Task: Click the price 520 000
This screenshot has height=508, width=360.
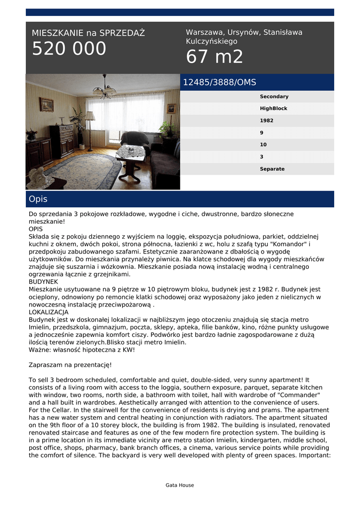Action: (x=69, y=49)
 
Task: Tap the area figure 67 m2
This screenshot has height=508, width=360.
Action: (x=215, y=57)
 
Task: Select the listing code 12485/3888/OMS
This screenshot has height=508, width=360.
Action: (x=219, y=82)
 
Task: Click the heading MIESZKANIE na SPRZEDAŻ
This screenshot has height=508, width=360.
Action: (x=88, y=33)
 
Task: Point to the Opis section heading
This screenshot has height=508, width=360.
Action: (x=38, y=199)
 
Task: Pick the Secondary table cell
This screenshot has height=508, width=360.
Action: (x=274, y=97)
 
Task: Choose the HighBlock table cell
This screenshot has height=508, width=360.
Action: (x=273, y=109)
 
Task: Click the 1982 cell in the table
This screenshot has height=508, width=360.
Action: (x=266, y=121)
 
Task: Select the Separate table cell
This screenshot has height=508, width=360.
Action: (x=272, y=169)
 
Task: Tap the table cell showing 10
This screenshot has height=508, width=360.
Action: (x=263, y=145)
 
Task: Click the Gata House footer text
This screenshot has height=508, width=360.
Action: (x=180, y=485)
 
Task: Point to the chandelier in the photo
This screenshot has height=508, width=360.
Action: (x=104, y=89)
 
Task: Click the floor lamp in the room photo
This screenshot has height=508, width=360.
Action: (x=90, y=129)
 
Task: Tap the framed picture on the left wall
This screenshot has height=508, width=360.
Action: (x=47, y=104)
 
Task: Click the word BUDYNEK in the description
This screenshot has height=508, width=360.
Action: (x=44, y=282)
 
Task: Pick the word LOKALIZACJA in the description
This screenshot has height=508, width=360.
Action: (x=49, y=313)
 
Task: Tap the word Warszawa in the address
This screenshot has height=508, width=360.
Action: (x=204, y=32)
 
